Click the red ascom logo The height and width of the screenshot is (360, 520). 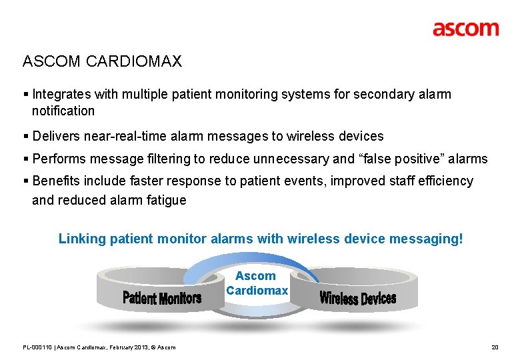(x=465, y=29)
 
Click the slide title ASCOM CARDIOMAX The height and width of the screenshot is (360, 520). (x=102, y=62)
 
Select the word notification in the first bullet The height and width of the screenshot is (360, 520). (x=63, y=111)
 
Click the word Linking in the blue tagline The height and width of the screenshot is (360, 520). (x=79, y=239)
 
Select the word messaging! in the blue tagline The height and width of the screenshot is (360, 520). (x=429, y=239)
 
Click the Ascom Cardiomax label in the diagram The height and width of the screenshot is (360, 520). (x=257, y=283)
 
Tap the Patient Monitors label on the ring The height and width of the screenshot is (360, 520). (x=161, y=298)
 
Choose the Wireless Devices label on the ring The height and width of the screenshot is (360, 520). (x=357, y=298)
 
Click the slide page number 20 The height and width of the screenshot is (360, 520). (x=494, y=347)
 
